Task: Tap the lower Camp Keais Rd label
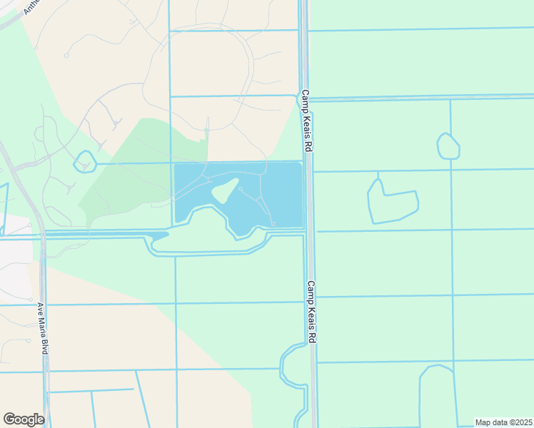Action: [x=312, y=312]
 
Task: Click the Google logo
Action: [x=24, y=419]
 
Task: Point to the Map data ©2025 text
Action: [x=504, y=422]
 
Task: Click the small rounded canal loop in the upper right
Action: [x=448, y=146]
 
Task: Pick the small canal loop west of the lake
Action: [x=84, y=162]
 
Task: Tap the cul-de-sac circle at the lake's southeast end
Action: [x=273, y=224]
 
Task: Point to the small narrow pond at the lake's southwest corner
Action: [x=158, y=235]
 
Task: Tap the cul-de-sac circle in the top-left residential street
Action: [x=66, y=55]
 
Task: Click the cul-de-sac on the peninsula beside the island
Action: [x=241, y=188]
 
